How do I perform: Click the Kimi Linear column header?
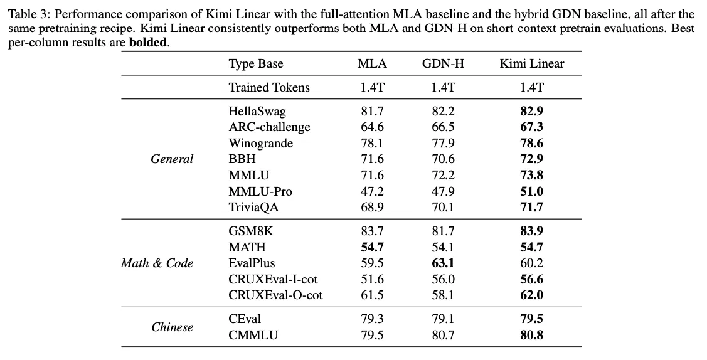tap(531, 63)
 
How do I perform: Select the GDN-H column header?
tap(443, 63)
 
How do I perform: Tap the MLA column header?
tap(372, 63)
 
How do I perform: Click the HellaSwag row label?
tap(257, 111)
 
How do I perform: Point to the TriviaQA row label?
tap(253, 207)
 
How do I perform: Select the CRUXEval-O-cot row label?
tap(275, 295)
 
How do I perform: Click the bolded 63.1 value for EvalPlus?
tap(443, 263)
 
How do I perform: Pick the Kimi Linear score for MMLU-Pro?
tap(531, 191)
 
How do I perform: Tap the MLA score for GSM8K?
tap(372, 231)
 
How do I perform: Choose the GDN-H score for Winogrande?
tap(443, 143)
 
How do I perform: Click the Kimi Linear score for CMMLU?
tap(531, 335)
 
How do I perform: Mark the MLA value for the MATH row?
tap(372, 247)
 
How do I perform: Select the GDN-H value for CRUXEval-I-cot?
tap(443, 279)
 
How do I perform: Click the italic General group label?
tap(172, 159)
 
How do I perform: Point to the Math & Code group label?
tap(157, 263)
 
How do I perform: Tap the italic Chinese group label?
tap(173, 327)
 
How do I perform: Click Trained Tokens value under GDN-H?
tap(443, 87)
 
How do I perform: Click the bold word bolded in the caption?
tap(148, 43)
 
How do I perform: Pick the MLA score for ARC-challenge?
tap(372, 127)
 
